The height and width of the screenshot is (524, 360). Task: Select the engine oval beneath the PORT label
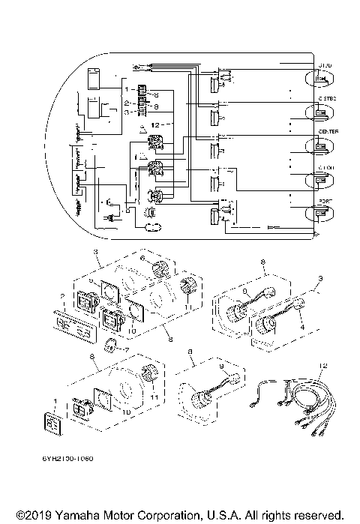[320, 214]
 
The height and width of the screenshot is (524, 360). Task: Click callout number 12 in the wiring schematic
[154, 123]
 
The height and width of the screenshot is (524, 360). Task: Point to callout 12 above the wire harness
[324, 365]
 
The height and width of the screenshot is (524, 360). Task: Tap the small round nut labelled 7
[111, 344]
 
